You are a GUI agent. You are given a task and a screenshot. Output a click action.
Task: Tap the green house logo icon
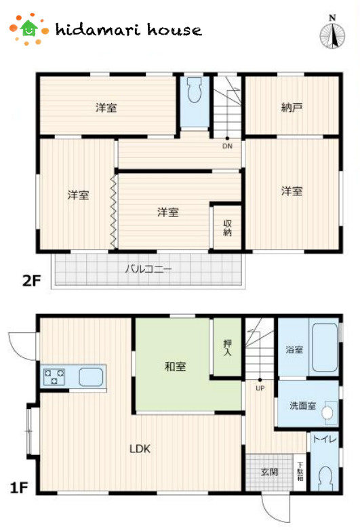(x=28, y=28)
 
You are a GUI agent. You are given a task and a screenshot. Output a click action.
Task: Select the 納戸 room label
(x=292, y=107)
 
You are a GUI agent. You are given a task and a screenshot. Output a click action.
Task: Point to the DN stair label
(x=226, y=145)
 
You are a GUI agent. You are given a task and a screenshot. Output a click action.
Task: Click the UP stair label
(x=260, y=389)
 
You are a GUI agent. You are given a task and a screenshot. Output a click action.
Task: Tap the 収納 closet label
(x=227, y=229)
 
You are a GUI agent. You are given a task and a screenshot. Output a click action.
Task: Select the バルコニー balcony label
(x=148, y=269)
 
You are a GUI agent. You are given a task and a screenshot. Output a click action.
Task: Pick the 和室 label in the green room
(x=175, y=367)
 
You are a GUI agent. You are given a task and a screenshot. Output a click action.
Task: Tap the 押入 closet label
(x=227, y=348)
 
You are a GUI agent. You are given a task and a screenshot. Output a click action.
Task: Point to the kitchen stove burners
(x=54, y=376)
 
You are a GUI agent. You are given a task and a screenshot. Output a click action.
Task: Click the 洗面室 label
(x=302, y=406)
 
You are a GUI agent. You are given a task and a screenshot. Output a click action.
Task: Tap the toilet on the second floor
(x=195, y=92)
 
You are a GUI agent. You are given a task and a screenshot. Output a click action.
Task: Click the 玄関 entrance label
(x=269, y=472)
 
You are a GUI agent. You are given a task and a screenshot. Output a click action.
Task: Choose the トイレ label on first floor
(x=321, y=439)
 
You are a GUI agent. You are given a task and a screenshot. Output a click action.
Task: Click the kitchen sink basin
(x=90, y=376)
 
